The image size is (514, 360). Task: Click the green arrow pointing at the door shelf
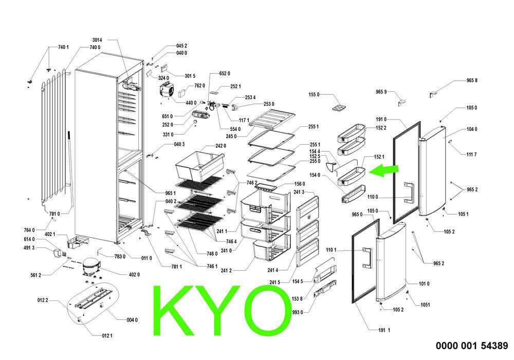click(383, 170)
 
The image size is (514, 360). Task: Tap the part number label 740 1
click(63, 47)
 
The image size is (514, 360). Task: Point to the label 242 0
click(221, 146)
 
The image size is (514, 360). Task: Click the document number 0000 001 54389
click(472, 346)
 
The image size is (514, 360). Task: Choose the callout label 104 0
click(472, 129)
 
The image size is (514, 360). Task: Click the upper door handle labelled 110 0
click(410, 193)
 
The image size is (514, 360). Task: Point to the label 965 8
click(472, 80)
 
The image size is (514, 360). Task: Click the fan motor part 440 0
click(166, 90)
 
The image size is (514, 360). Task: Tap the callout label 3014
click(97, 40)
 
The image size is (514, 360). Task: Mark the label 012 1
click(107, 336)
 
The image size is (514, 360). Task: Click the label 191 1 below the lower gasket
click(384, 330)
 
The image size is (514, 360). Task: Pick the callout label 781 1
click(176, 267)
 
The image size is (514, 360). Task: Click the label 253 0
click(269, 104)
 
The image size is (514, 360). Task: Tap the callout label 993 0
click(297, 313)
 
